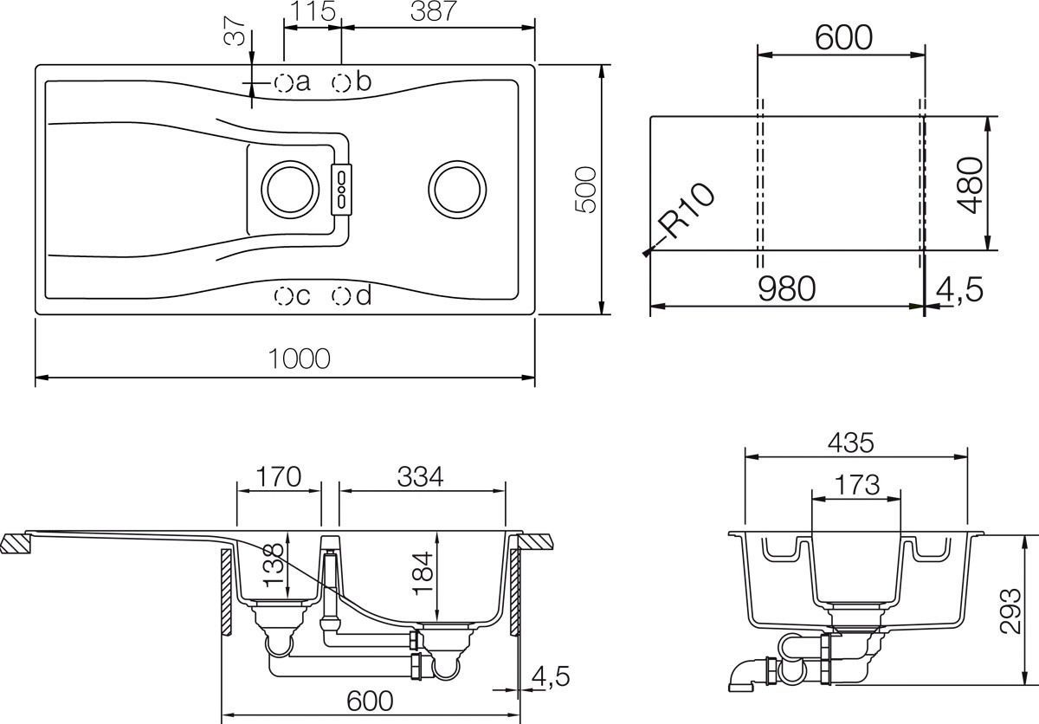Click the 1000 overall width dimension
[x=299, y=358]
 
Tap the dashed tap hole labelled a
[x=283, y=83]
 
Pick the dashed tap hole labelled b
[x=342, y=83]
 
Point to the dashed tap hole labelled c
[x=283, y=296]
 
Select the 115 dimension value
[x=313, y=11]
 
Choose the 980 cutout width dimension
[x=786, y=289]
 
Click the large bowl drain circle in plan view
[x=456, y=188]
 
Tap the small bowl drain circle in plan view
[x=289, y=188]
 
